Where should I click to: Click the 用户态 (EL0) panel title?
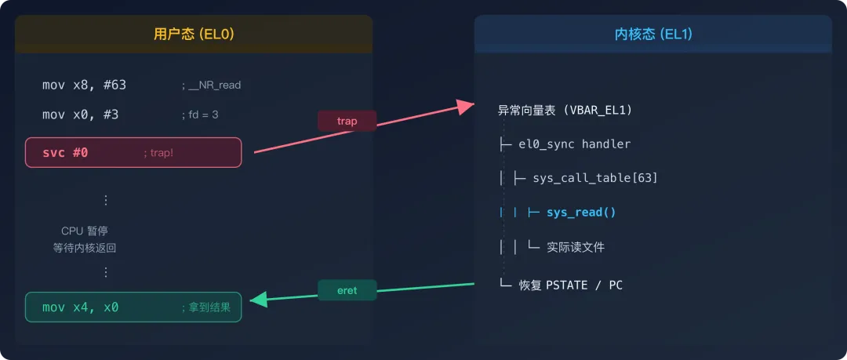tap(194, 35)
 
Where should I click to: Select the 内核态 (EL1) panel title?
tap(653, 35)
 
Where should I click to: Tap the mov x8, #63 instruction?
tap(84, 85)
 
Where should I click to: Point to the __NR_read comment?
tap(211, 85)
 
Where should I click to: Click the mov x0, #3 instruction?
tap(80, 115)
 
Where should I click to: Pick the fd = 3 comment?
tap(200, 115)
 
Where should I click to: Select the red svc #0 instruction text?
tap(65, 152)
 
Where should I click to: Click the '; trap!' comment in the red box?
tap(158, 153)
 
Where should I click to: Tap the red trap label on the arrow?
tap(347, 121)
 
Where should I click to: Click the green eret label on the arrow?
tap(347, 290)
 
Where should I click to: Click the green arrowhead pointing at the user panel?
tap(256, 299)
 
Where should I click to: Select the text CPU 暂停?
tap(84, 231)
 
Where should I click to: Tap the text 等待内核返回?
tap(84, 248)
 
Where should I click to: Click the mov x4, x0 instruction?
tap(80, 307)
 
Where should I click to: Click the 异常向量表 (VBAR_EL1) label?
tap(565, 110)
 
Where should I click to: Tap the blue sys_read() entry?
tap(581, 212)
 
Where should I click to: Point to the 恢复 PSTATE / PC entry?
tap(570, 285)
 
